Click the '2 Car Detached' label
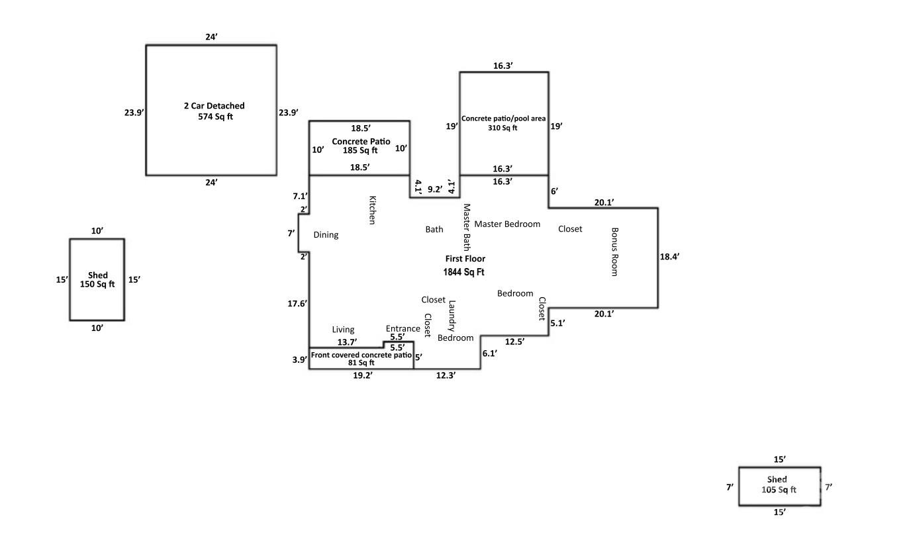(x=214, y=106)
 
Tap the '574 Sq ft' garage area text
(x=214, y=116)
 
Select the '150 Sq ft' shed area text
(x=97, y=285)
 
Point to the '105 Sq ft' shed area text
(x=779, y=490)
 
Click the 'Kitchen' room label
(x=372, y=210)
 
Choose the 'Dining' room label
(x=326, y=235)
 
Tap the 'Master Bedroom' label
(x=507, y=224)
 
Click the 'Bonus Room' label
(x=614, y=252)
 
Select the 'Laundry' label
(x=452, y=316)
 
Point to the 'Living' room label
(x=343, y=330)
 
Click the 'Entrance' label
(x=403, y=328)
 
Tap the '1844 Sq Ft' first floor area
(x=465, y=271)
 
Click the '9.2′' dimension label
(x=435, y=189)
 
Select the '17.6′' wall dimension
(x=297, y=304)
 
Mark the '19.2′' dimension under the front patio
(x=362, y=375)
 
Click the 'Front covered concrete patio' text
(x=361, y=355)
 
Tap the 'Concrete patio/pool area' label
(x=504, y=118)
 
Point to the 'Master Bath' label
(x=467, y=224)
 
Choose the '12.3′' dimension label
(x=446, y=375)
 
